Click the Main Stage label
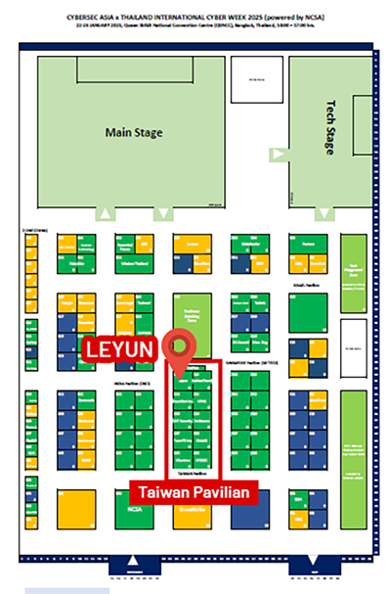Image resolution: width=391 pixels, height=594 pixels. (135, 132)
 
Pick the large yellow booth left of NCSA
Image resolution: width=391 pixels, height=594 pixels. (77, 509)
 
